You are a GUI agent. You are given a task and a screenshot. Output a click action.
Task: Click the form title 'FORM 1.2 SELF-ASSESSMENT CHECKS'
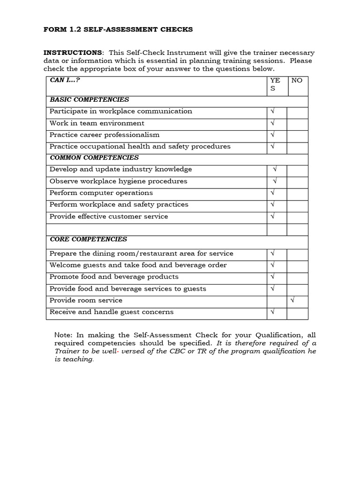[118, 30]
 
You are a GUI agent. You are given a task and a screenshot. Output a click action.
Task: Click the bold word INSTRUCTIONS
[72, 52]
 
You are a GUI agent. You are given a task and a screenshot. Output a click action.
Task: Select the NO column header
[297, 80]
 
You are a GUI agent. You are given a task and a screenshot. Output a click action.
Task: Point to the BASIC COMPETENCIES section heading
[89, 99]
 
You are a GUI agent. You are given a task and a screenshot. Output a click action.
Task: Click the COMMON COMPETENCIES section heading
[94, 157]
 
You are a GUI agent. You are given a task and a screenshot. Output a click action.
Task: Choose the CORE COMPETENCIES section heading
[88, 239]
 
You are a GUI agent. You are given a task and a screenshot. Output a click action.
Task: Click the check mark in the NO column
[292, 300]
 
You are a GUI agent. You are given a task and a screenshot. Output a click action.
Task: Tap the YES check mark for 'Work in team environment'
[272, 123]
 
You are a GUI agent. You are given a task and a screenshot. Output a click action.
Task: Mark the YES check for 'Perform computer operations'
[272, 193]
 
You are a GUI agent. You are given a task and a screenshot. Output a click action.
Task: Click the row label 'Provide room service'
[86, 300]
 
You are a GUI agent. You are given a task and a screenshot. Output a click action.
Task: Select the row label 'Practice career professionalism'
[105, 135]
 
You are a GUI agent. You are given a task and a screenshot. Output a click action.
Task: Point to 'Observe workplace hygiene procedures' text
[118, 181]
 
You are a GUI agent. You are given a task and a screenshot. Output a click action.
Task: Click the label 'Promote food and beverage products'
[114, 277]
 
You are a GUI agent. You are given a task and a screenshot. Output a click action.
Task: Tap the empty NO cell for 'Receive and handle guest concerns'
[297, 312]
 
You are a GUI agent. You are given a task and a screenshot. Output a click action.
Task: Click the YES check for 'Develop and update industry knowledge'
[275, 169]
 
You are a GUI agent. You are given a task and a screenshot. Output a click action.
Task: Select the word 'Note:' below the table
[64, 335]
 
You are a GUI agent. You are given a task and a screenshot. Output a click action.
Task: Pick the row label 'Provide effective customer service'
[109, 216]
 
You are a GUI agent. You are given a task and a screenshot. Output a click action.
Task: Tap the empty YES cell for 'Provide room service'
[277, 300]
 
